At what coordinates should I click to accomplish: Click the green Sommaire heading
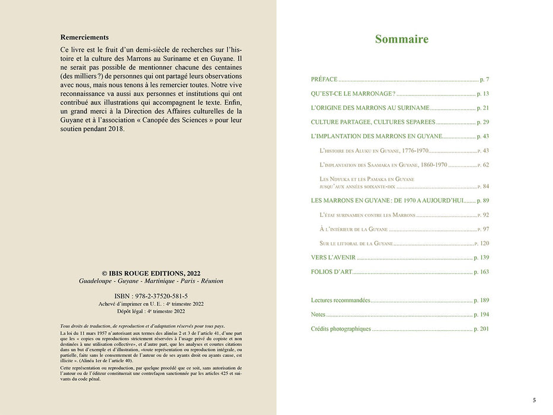[401, 40]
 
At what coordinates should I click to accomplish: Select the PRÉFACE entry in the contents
[324, 79]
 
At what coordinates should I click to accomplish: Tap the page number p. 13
[482, 94]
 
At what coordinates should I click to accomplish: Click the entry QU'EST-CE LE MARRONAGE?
[353, 94]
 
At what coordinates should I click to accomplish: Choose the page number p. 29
[482, 122]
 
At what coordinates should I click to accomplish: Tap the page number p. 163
[481, 272]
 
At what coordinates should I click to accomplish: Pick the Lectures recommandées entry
[340, 301]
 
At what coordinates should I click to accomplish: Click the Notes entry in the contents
[318, 315]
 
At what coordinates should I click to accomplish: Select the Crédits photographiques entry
[341, 329]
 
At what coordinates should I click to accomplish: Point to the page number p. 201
[481, 329]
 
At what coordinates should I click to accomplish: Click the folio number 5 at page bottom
[534, 400]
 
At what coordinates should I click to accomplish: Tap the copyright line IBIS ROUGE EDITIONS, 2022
[151, 272]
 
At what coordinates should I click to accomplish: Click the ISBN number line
[151, 295]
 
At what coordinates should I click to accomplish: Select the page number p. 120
[482, 243]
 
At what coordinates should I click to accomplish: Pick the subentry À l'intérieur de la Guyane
[353, 229]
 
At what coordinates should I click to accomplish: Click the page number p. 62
[484, 165]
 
